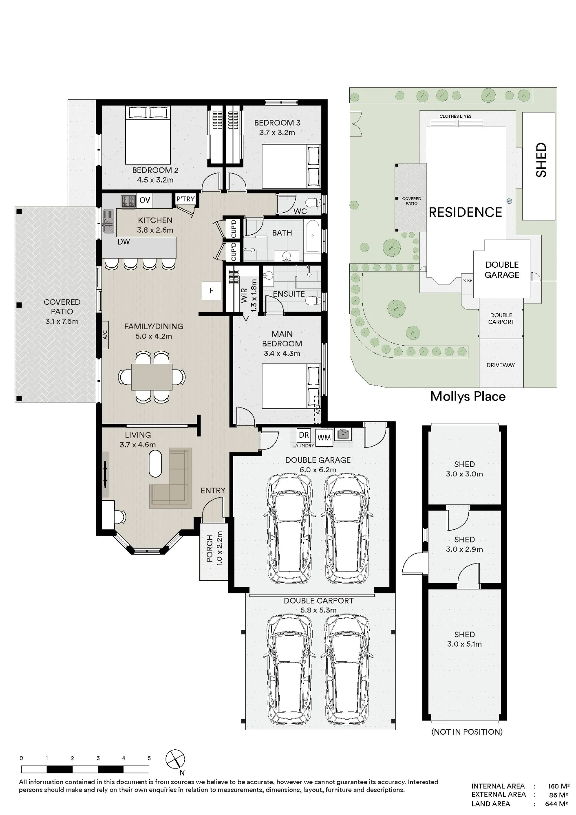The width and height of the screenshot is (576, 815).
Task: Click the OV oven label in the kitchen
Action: click(x=145, y=200)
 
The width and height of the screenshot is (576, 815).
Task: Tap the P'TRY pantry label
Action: click(x=185, y=199)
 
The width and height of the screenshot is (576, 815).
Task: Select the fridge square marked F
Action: click(x=212, y=291)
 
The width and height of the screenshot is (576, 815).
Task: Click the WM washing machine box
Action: click(x=324, y=437)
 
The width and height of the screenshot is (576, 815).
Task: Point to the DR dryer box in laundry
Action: click(x=304, y=435)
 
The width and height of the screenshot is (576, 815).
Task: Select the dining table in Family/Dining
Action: click(x=152, y=377)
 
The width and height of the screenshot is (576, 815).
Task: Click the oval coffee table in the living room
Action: click(x=155, y=463)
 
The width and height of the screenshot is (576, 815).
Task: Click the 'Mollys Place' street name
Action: click(x=468, y=396)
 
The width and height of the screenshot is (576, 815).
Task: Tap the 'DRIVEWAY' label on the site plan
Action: click(x=501, y=365)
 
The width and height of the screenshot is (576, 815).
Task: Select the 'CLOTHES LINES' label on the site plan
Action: click(x=455, y=116)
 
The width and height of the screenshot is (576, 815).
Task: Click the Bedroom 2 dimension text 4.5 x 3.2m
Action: click(x=155, y=180)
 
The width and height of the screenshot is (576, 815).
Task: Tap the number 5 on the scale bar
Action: click(x=149, y=758)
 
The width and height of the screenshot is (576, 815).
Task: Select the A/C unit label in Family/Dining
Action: click(x=105, y=335)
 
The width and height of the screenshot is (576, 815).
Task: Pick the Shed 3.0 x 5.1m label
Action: click(x=464, y=639)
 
